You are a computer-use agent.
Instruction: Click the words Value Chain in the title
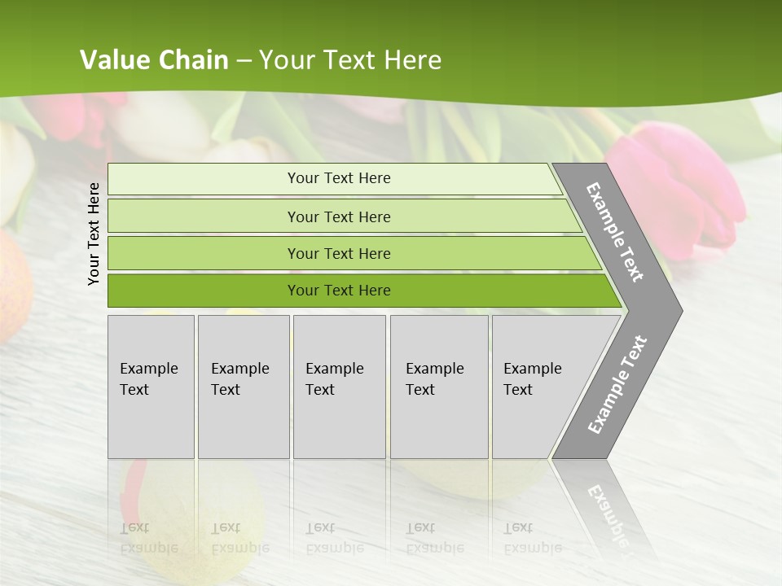click(154, 59)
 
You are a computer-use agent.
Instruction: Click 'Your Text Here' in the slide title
click(350, 59)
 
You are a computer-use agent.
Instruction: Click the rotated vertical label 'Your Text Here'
click(94, 234)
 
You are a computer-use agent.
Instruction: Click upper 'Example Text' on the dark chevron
click(615, 232)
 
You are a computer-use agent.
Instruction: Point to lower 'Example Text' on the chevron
click(617, 384)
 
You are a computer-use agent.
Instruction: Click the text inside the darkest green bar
click(339, 291)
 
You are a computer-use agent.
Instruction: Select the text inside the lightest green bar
click(339, 178)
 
